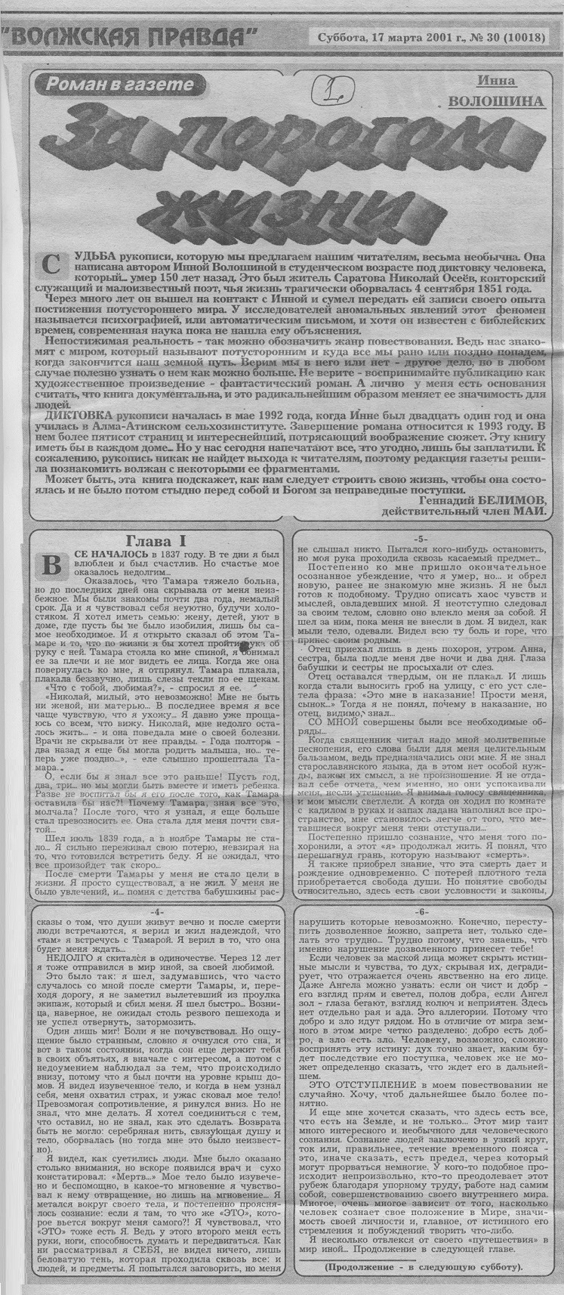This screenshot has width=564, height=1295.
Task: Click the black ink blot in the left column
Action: click(x=248, y=666)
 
